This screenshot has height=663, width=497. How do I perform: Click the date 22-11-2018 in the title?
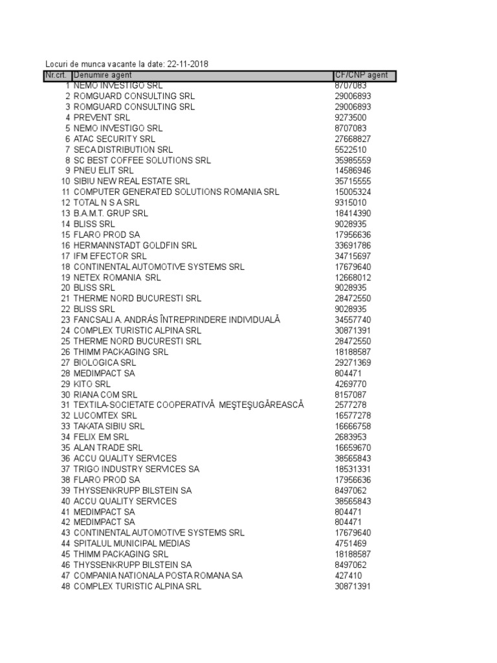tap(188, 64)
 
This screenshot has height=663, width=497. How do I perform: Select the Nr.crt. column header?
tap(57, 75)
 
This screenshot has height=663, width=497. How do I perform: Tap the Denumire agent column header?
tap(103, 75)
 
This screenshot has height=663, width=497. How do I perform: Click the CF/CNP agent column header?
tap(361, 75)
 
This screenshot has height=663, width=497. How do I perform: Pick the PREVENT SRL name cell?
tap(102, 117)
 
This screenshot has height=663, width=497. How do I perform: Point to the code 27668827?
tap(353, 139)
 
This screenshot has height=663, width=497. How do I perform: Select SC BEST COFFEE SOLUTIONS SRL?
tap(142, 160)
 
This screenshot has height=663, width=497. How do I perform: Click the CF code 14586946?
tap(353, 171)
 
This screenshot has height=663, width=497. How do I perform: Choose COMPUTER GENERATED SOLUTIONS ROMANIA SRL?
tap(176, 192)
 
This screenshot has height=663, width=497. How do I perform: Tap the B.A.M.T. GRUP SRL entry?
tap(111, 213)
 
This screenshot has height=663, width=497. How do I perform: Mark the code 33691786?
tap(353, 245)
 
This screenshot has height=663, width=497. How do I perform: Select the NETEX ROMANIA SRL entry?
tap(117, 277)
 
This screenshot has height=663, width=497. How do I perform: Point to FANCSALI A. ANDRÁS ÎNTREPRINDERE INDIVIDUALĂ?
tap(177, 320)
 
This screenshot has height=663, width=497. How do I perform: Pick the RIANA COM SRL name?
tap(105, 394)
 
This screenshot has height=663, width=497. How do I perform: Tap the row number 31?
tap(65, 405)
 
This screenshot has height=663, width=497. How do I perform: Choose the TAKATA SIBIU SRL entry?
tap(109, 426)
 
